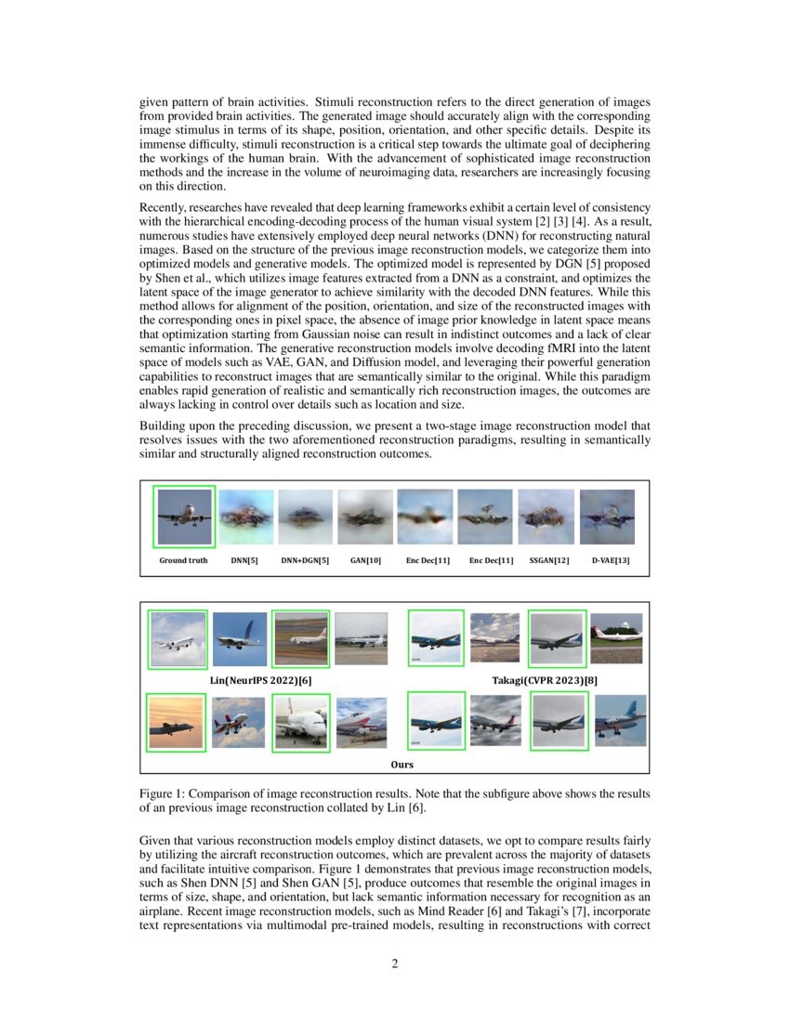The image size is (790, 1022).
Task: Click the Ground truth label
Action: pos(183,560)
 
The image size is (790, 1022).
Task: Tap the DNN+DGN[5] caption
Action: pos(305,560)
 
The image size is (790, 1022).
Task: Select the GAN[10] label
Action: pos(365,560)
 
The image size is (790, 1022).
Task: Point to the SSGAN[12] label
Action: pos(548,560)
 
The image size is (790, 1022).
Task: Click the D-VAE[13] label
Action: pos(610,560)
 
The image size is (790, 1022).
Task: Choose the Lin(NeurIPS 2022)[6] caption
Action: pos(261,681)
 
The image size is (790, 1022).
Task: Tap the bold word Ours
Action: pos(402,765)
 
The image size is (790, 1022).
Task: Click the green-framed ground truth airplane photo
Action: pos(185,517)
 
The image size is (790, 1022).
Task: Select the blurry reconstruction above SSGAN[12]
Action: pos(546,517)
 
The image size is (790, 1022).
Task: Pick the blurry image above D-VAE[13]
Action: pos(607,517)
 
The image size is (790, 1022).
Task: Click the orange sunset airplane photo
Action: pos(177,722)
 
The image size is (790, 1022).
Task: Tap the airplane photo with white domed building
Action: pos(616,637)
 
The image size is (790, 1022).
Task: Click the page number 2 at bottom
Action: pos(395,963)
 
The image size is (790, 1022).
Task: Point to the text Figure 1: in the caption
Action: pos(163,794)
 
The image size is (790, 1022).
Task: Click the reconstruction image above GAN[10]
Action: pos(365,517)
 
